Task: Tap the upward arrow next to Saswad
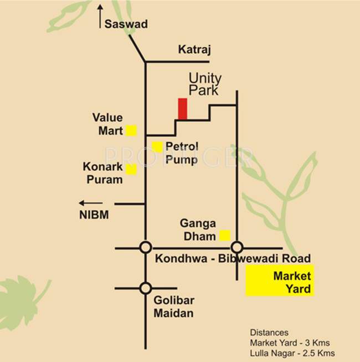point(100,16)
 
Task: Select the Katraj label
point(193,49)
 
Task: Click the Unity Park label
point(205,84)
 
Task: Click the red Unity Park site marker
point(182,109)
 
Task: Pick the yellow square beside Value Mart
point(131,131)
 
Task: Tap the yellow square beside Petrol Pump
point(157,147)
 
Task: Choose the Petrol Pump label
point(182,154)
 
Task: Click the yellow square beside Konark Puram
point(131,169)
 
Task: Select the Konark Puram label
point(103,172)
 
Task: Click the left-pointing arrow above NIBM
point(90,203)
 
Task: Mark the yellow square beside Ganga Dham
point(225,235)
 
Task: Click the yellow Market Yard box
point(280,281)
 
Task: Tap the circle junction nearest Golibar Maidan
point(145,288)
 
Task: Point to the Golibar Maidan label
point(173,308)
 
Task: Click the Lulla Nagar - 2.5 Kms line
point(292,353)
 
